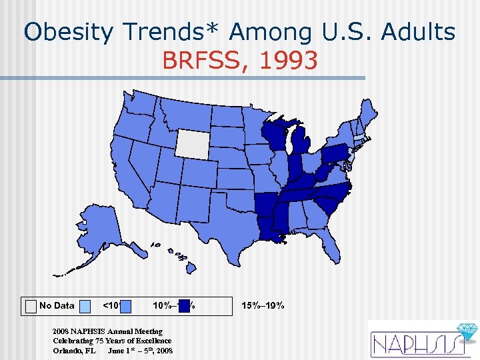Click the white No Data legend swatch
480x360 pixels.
click(x=31, y=306)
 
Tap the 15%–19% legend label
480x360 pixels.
click(x=263, y=306)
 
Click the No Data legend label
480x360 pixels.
click(x=57, y=306)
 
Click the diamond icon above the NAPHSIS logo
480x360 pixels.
click(x=465, y=331)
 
